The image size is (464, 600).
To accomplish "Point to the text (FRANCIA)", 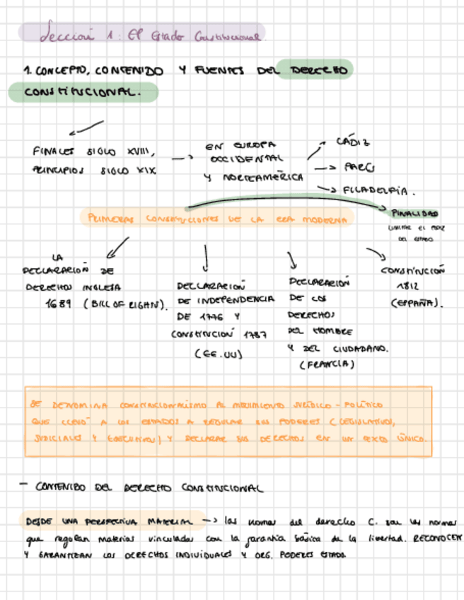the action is pyautogui.click(x=326, y=365).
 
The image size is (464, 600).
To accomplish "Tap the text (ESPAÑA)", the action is pyautogui.click(x=417, y=304).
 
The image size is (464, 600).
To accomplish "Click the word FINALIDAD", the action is pyautogui.click(x=415, y=213).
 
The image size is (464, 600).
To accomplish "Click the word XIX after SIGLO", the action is pyautogui.click(x=144, y=171).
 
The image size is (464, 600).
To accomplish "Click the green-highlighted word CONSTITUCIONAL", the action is pyautogui.click(x=82, y=93).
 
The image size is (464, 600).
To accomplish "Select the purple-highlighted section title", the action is pyautogui.click(x=141, y=33).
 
